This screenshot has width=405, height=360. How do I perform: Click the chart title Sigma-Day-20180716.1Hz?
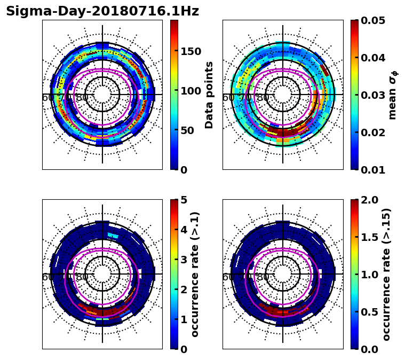coord(102,11)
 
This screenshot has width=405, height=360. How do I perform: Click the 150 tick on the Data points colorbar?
coord(190,51)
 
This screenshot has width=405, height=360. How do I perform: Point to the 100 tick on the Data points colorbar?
coord(190,91)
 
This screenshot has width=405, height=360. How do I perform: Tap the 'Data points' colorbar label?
coord(209,95)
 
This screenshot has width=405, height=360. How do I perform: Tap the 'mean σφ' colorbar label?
coord(393,95)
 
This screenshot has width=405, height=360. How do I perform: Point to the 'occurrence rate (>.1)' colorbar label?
coord(195,275)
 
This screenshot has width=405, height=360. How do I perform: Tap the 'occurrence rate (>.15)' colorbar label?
coord(386,275)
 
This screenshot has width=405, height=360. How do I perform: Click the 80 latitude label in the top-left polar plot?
coord(82,98)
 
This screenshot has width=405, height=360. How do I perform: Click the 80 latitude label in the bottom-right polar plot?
coord(263,277)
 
